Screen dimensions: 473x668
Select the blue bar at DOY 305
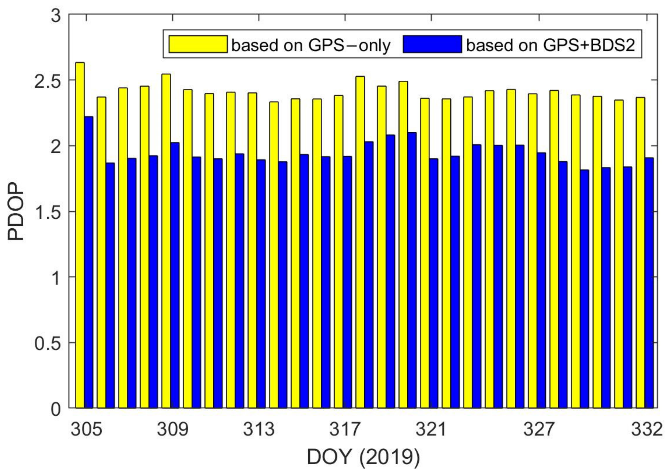[x=89, y=262]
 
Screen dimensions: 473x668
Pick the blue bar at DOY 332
[x=649, y=283]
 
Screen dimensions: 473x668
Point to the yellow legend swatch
[x=198, y=44]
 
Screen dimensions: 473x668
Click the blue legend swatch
[x=432, y=44]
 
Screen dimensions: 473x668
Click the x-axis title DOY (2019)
[x=363, y=457]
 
